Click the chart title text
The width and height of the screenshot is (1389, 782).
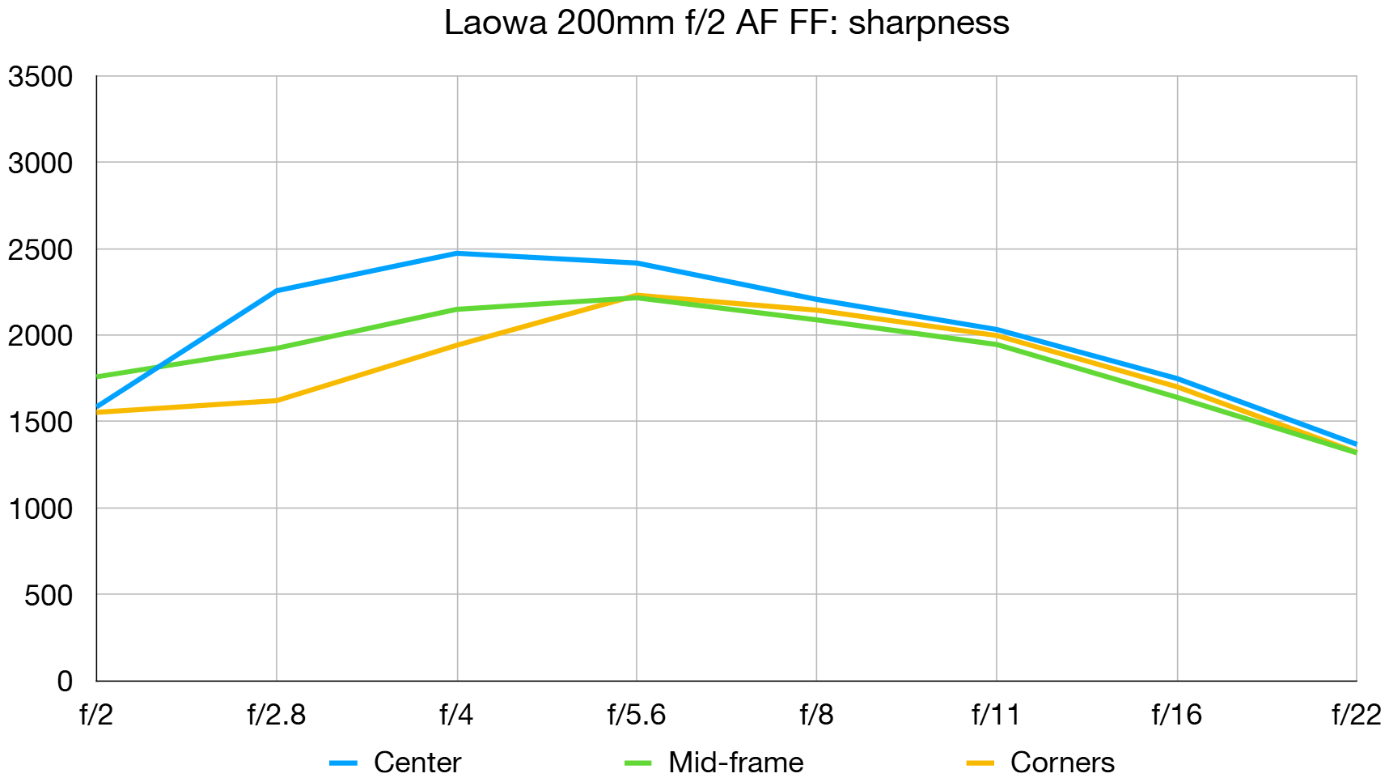(726, 23)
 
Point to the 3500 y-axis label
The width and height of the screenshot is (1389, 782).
(40, 78)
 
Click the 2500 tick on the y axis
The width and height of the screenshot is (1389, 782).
(40, 250)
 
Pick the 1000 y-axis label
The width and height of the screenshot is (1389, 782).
(40, 509)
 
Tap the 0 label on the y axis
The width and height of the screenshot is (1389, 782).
(65, 682)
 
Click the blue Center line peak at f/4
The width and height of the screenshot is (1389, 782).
(457, 253)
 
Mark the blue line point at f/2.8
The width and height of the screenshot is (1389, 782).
(277, 291)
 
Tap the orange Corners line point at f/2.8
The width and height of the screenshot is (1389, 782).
(277, 400)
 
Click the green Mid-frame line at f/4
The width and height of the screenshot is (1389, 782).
(457, 309)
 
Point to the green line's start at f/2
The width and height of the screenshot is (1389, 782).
(98, 376)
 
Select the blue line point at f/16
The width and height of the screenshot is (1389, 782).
(1176, 378)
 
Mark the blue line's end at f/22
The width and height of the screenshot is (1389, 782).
(1355, 444)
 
